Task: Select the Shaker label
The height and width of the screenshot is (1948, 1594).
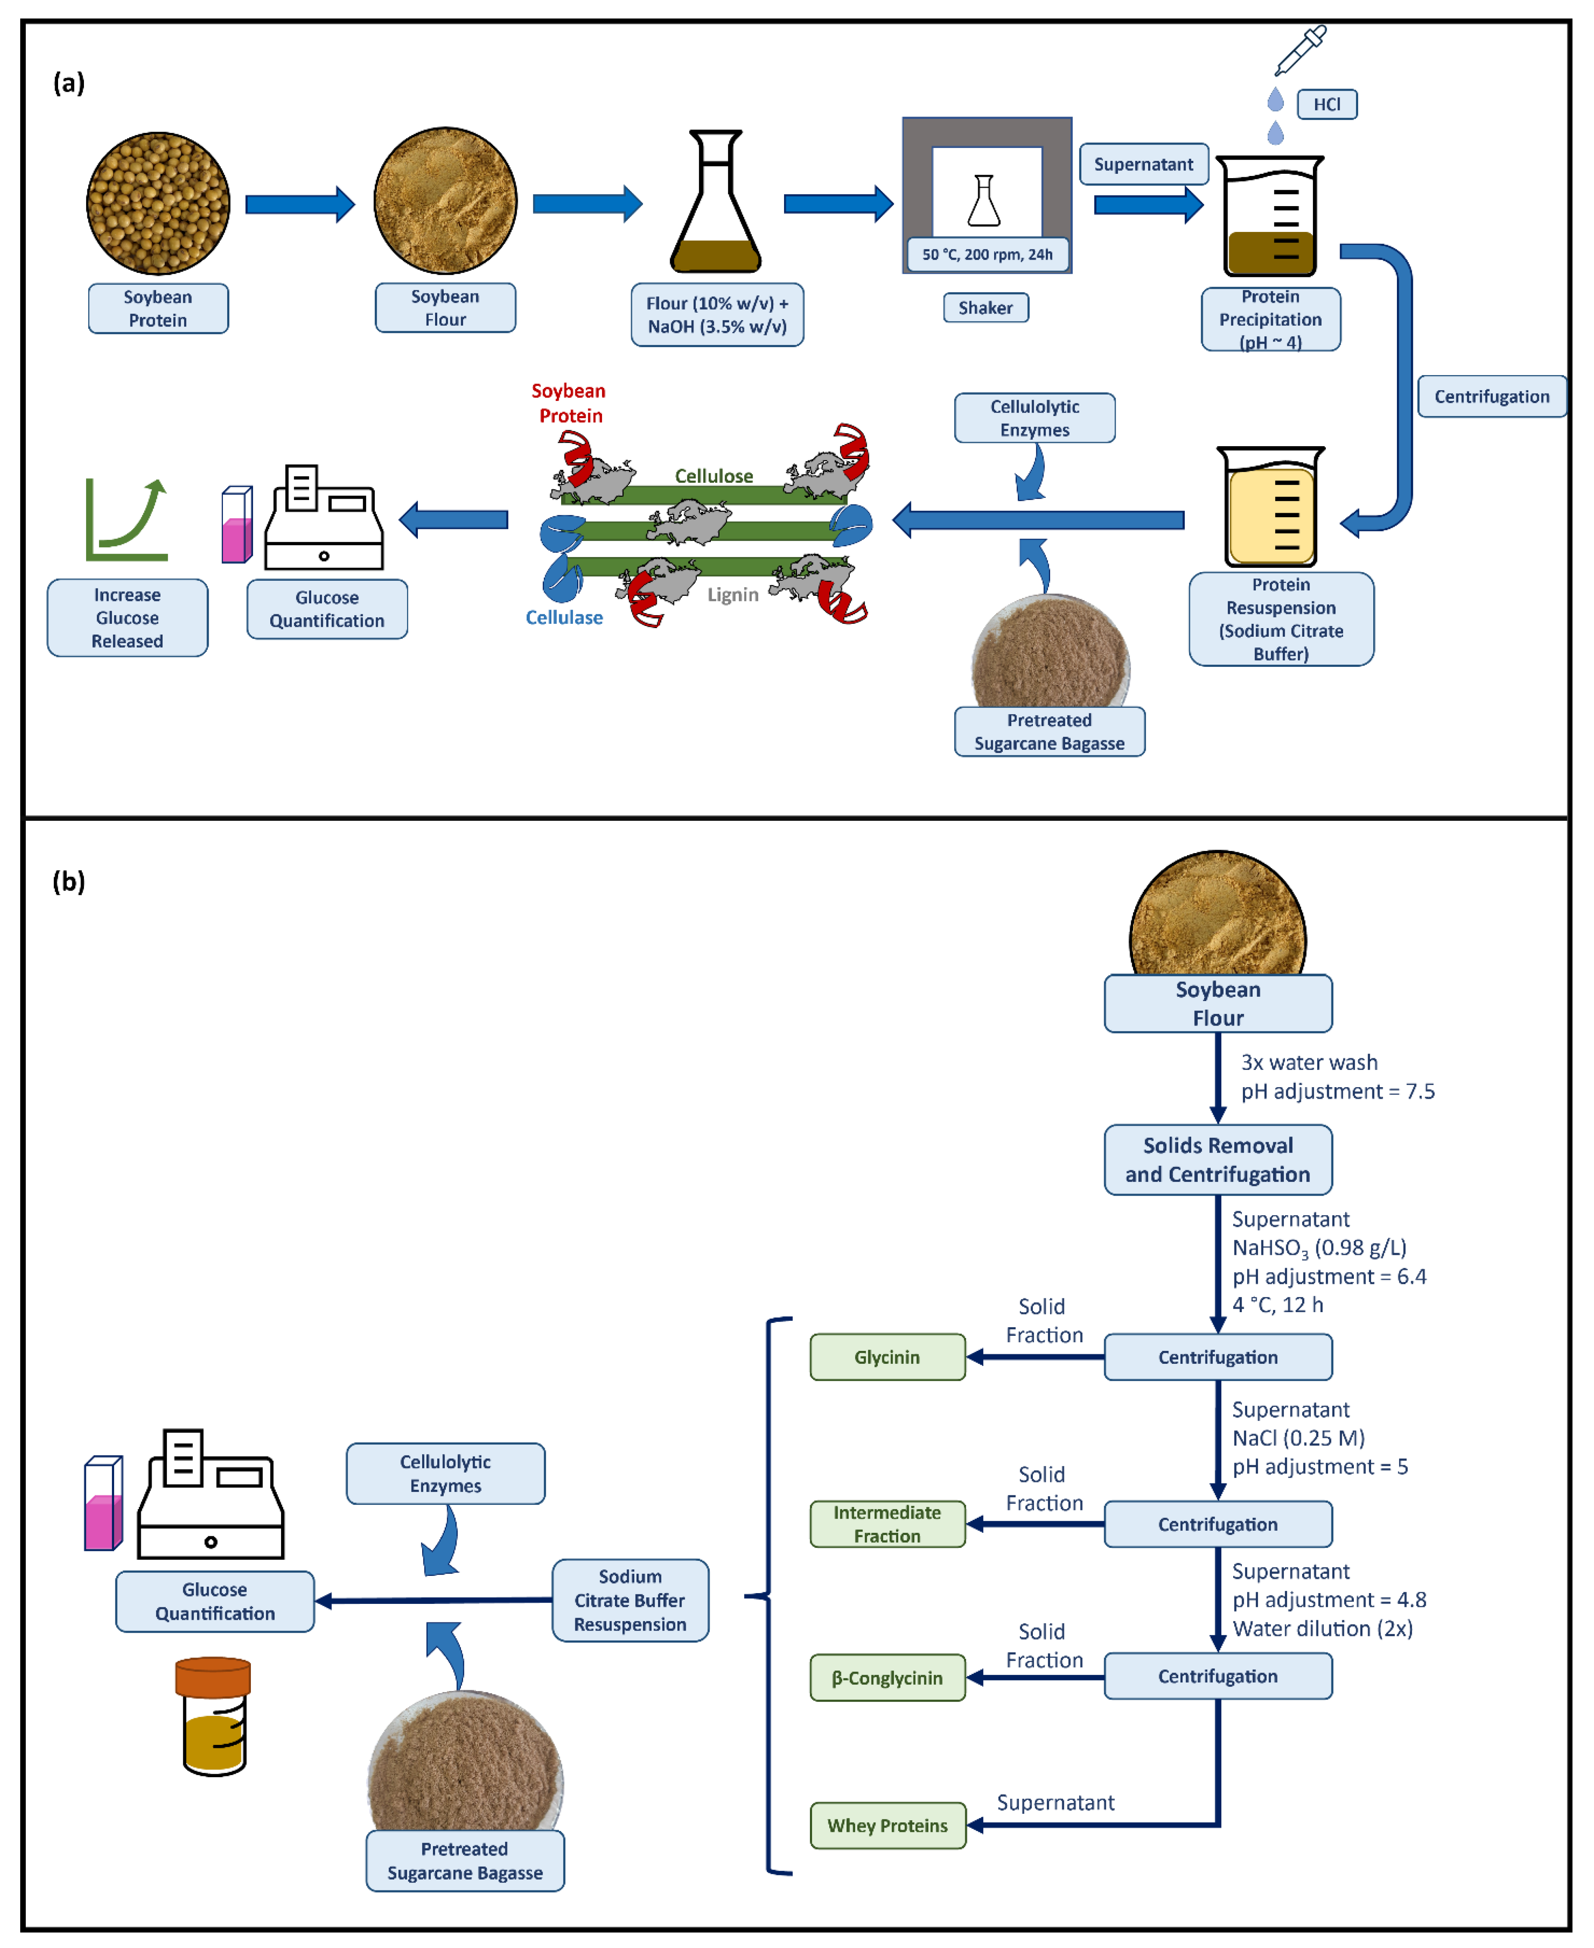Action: coord(985,308)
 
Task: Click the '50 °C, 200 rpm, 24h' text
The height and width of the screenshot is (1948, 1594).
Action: coord(987,254)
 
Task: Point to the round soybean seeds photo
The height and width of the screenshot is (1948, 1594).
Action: coord(158,203)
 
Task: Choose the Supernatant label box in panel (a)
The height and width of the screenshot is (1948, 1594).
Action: coord(1143,164)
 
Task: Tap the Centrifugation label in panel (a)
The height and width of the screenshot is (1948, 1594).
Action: coord(1491,397)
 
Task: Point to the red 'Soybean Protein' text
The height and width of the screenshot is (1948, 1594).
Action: coord(569,403)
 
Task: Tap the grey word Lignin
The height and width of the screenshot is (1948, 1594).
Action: coord(732,595)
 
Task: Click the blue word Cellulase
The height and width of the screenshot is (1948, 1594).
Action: coord(564,618)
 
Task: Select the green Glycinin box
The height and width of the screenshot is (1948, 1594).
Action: coord(887,1357)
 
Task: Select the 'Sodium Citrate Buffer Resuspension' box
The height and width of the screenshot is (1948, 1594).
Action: coord(630,1600)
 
